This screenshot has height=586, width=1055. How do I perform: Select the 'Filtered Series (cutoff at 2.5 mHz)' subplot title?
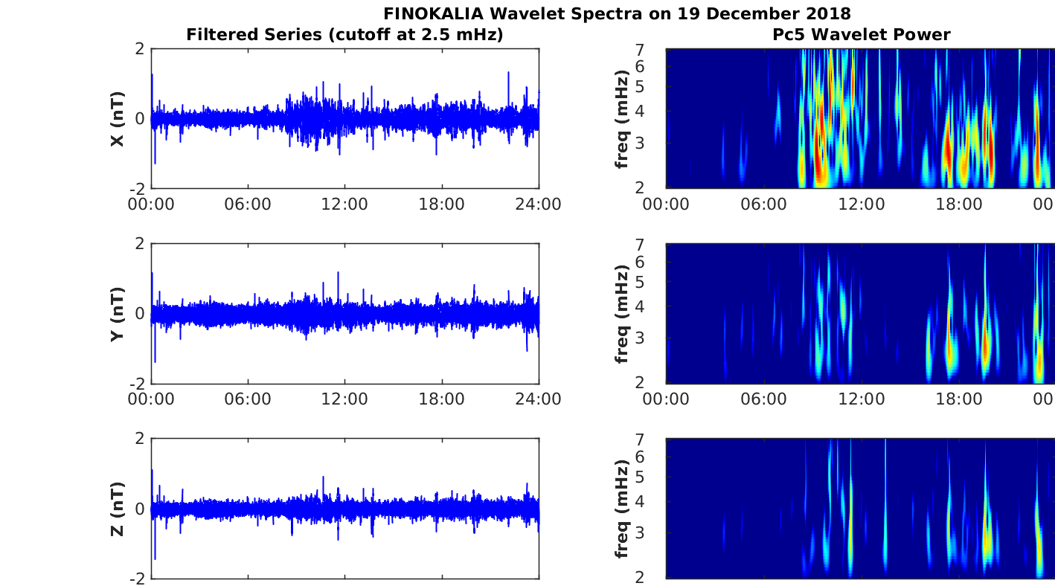[344, 34]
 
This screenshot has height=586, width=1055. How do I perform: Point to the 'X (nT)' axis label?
[117, 119]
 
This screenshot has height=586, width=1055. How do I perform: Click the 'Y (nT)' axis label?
[117, 314]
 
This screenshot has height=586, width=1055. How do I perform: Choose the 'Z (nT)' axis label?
[117, 509]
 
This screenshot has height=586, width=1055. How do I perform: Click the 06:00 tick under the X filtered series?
[248, 204]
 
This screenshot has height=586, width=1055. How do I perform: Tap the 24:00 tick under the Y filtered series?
[538, 399]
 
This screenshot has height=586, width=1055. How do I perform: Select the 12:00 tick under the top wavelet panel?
[861, 204]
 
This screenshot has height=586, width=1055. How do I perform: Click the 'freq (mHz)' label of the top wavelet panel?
[622, 119]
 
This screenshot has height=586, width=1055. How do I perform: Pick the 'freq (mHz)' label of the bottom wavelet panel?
[622, 509]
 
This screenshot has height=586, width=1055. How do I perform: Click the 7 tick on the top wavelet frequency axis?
[654, 49]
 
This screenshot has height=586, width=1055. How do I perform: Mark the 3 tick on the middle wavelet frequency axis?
[654, 338]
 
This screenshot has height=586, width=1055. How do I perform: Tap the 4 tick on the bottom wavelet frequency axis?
[654, 501]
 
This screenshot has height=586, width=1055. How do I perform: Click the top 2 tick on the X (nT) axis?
[139, 49]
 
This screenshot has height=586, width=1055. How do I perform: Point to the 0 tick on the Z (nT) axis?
[139, 509]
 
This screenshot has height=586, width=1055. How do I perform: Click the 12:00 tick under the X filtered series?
[344, 204]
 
